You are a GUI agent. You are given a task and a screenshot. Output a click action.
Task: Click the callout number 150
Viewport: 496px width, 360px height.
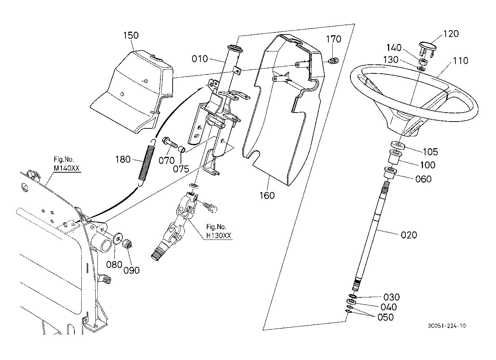click(131, 35)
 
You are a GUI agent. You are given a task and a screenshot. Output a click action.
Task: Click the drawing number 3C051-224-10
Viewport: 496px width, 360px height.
click(447, 326)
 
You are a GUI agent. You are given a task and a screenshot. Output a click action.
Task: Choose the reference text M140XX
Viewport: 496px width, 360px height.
click(67, 168)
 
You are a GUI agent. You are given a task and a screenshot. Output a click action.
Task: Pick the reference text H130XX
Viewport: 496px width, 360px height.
click(219, 235)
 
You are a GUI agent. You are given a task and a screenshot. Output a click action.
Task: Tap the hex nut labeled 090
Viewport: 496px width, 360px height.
click(127, 243)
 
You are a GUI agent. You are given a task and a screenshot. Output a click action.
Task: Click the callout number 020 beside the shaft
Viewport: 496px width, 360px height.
click(409, 235)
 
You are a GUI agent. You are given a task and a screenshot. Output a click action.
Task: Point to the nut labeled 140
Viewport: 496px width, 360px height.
click(423, 62)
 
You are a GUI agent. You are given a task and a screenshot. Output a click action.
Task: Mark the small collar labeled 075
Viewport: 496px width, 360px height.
click(182, 149)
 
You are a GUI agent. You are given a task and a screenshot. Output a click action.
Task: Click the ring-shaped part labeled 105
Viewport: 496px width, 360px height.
click(398, 146)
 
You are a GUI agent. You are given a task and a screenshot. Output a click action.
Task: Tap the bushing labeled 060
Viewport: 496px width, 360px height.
click(390, 173)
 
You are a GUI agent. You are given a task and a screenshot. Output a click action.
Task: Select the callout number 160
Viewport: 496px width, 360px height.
click(267, 196)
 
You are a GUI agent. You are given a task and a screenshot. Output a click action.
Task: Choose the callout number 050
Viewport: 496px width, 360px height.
click(386, 317)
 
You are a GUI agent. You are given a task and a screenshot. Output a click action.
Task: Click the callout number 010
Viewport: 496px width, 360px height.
click(200, 59)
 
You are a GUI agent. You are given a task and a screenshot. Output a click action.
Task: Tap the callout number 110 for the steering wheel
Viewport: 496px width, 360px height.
click(460, 61)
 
